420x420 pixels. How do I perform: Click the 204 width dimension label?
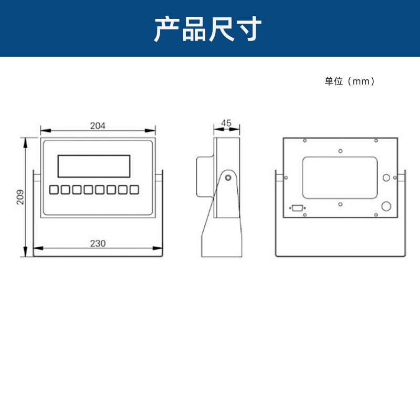pyautogui.click(x=98, y=125)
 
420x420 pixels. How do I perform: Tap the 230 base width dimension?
pyautogui.click(x=98, y=243)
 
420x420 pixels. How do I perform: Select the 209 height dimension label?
pyautogui.click(x=20, y=196)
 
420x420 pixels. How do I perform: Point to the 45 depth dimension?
pyautogui.click(x=226, y=123)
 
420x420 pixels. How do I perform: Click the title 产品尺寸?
pyautogui.click(x=208, y=29)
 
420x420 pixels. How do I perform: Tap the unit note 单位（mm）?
pyautogui.click(x=350, y=81)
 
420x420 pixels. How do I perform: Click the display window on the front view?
pyautogui.click(x=94, y=166)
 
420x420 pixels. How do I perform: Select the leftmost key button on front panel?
pyautogui.click(x=54, y=190)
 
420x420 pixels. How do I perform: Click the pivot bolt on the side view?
pyautogui.click(x=228, y=177)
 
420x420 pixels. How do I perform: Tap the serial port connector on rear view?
pyautogui.click(x=297, y=208)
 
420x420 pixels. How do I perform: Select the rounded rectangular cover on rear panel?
pyautogui.click(x=340, y=177)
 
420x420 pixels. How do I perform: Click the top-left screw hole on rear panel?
pyautogui.click(x=304, y=140)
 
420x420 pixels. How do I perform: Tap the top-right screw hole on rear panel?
pyautogui.click(x=376, y=140)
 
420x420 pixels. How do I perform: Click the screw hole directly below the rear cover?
pyautogui.click(x=340, y=203)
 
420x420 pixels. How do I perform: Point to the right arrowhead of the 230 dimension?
pyautogui.click(x=160, y=248)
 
